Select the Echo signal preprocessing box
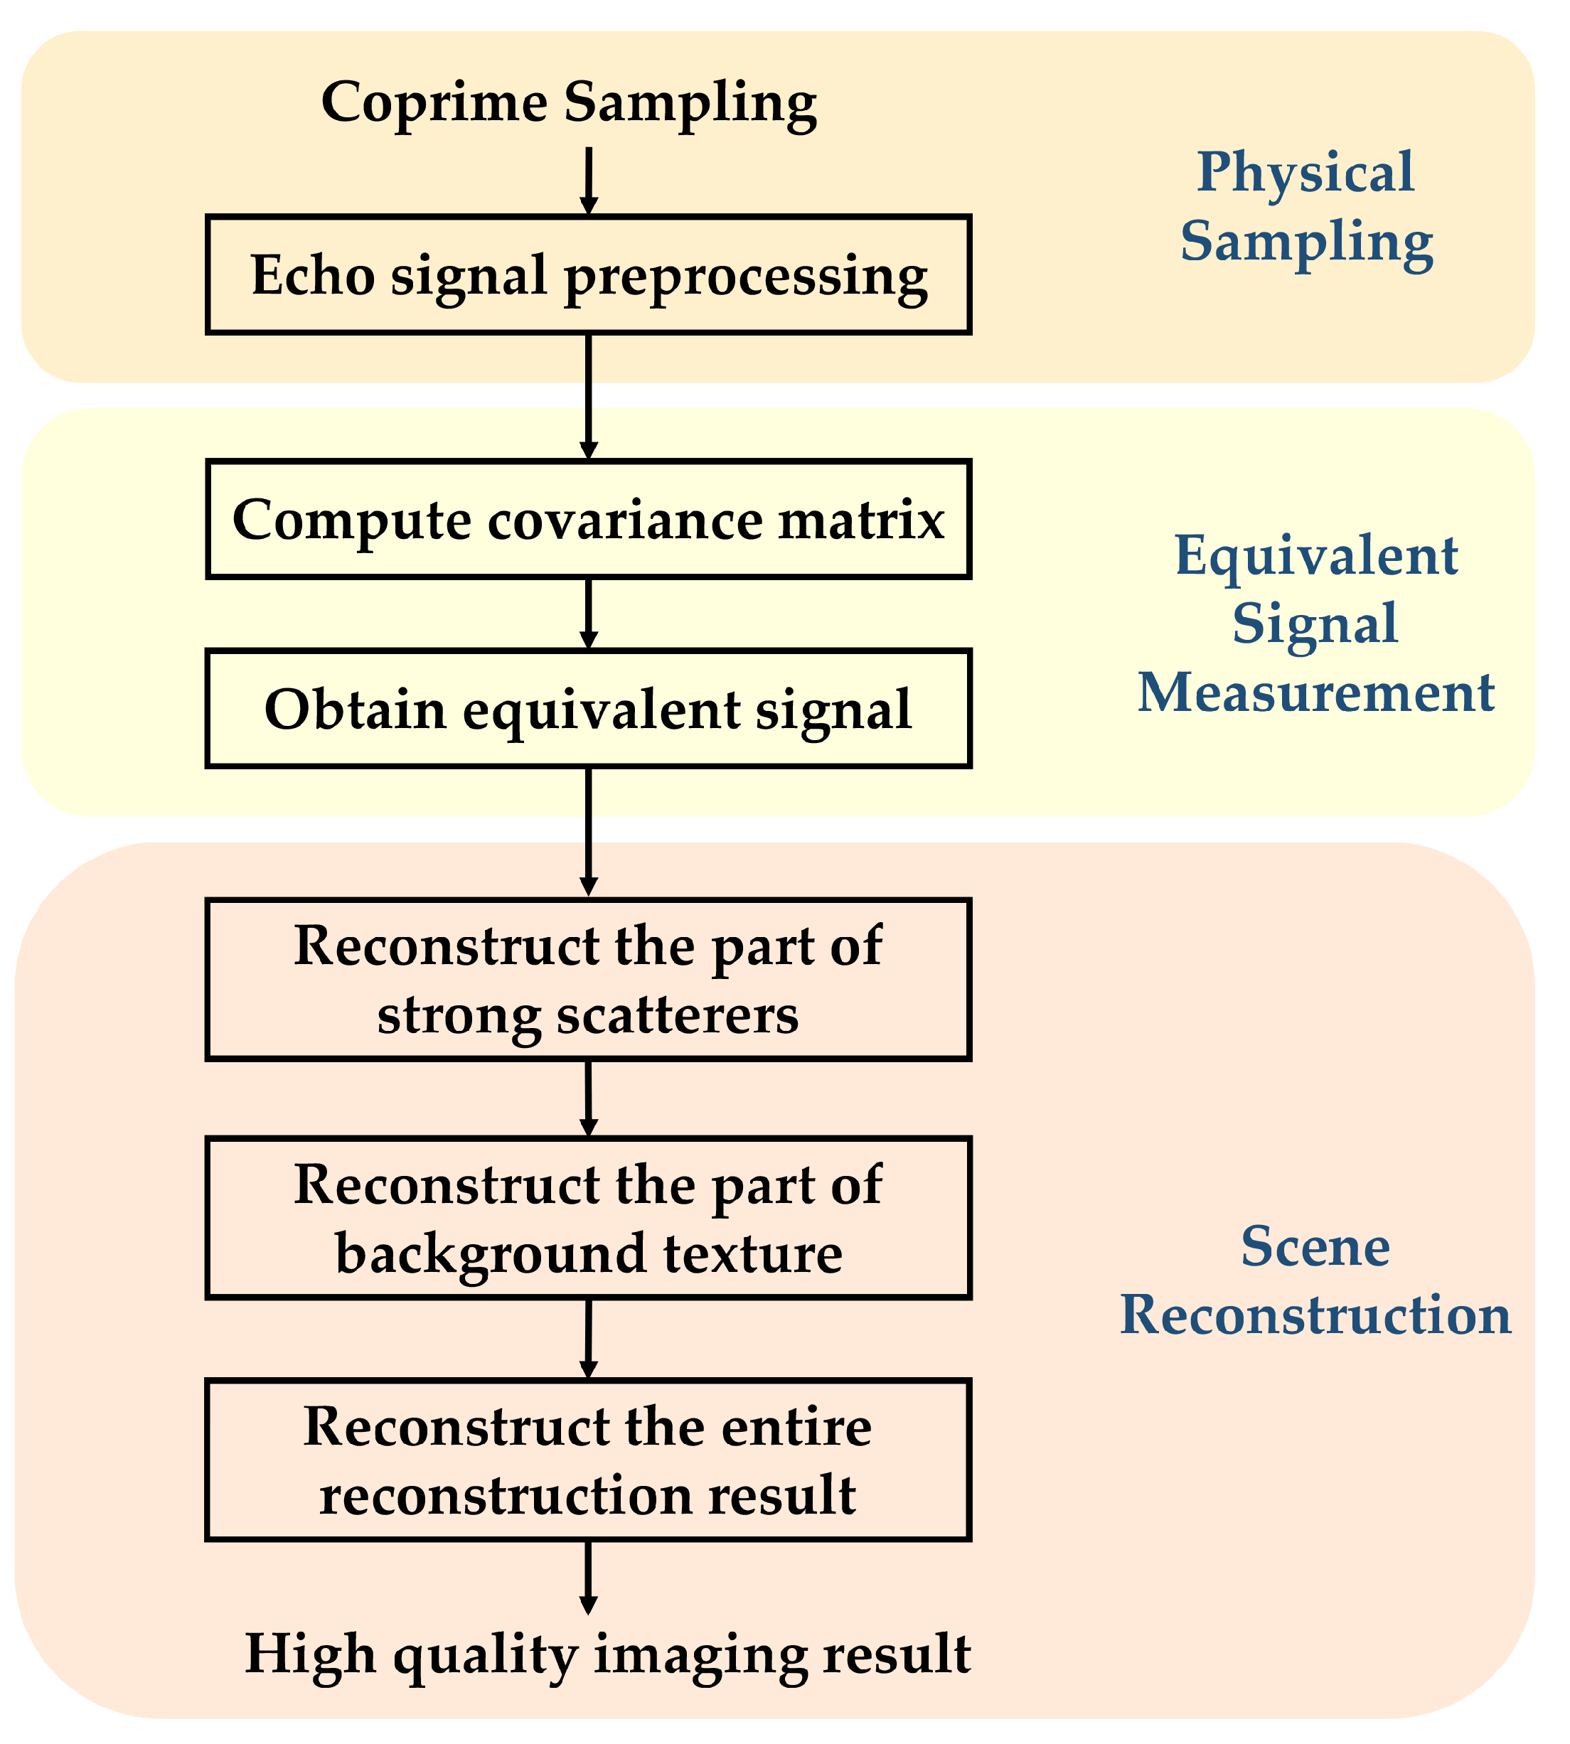pyautogui.click(x=588, y=274)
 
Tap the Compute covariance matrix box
pyautogui.click(x=588, y=519)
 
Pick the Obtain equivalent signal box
pyautogui.click(x=588, y=709)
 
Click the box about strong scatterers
pyautogui.click(x=588, y=980)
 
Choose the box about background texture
pyautogui.click(x=588, y=1218)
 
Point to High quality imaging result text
pyautogui.click(x=607, y=1654)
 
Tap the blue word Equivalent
pyautogui.click(x=1316, y=555)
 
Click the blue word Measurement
pyautogui.click(x=1315, y=693)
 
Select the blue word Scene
pyautogui.click(x=1315, y=1246)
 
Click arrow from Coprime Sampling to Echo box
pyautogui.click(x=588, y=179)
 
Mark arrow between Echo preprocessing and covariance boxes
pyautogui.click(x=588, y=397)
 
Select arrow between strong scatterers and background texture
pyautogui.click(x=588, y=1098)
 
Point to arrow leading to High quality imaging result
pyautogui.click(x=588, y=1577)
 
